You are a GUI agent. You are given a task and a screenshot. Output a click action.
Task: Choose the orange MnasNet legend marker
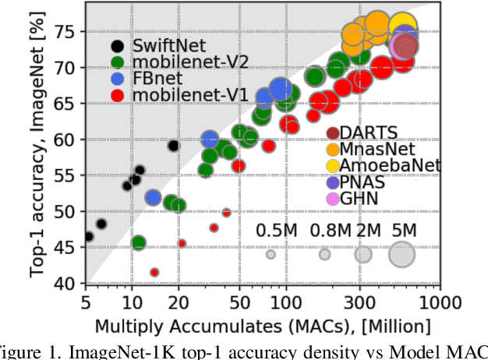coord(333,149)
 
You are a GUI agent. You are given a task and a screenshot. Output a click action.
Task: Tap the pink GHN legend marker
coord(333,198)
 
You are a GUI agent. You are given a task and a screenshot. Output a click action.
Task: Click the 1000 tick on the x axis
coord(441,301)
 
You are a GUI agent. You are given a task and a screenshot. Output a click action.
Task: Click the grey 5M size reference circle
coord(401,255)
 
